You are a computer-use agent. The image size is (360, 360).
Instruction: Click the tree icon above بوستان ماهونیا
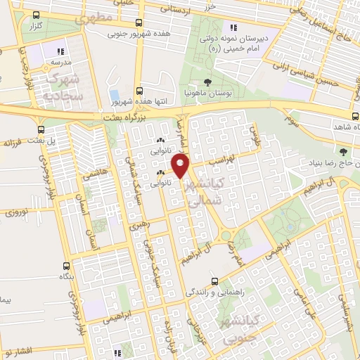(206, 82)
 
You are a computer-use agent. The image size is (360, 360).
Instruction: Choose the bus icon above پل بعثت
(43, 129)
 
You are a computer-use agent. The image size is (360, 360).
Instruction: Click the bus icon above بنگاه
(67, 266)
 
